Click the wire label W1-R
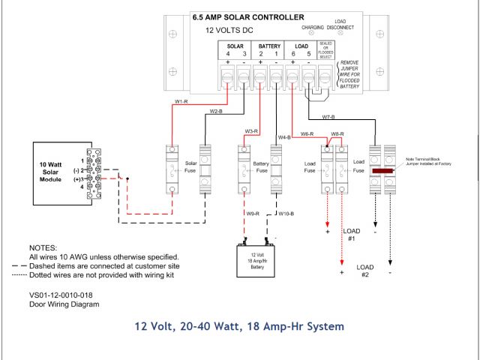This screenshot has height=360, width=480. pyautogui.click(x=180, y=101)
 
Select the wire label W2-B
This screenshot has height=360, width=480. pyautogui.click(x=215, y=111)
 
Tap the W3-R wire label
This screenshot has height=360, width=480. pyautogui.click(x=251, y=131)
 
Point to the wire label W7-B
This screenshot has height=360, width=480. pyautogui.click(x=328, y=117)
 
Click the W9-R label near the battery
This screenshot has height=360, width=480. pyautogui.click(x=253, y=214)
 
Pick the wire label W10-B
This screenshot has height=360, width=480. pyautogui.click(x=286, y=214)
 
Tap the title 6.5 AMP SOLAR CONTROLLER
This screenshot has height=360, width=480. pyautogui.click(x=248, y=16)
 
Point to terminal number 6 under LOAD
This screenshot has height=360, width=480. pyautogui.click(x=292, y=55)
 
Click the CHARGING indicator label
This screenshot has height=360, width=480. pyautogui.click(x=313, y=27)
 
